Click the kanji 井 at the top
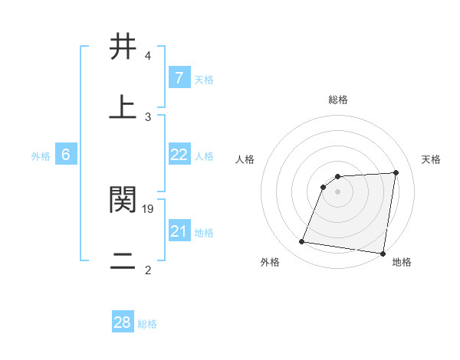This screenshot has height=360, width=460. click(x=123, y=47)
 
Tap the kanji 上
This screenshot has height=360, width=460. click(x=123, y=107)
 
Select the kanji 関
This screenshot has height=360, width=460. click(x=123, y=200)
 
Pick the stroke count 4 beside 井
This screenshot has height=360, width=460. click(x=148, y=56)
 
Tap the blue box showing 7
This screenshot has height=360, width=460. click(x=179, y=78)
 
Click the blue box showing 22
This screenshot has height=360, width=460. click(x=179, y=155)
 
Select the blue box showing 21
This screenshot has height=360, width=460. click(x=179, y=231)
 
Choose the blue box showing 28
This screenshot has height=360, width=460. click(x=123, y=322)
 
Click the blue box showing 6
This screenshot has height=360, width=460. click(x=66, y=155)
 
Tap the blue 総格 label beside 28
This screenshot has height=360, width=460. click(x=148, y=324)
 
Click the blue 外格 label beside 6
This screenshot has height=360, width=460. click(x=41, y=156)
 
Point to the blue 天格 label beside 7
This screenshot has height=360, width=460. click(x=204, y=80)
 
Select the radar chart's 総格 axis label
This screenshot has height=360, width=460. click(x=338, y=100)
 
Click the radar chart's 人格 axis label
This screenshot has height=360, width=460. click(x=245, y=159)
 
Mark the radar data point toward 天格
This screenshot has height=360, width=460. click(x=396, y=172)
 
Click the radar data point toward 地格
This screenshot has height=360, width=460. click(x=383, y=254)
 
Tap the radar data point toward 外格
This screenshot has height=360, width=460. click(x=302, y=242)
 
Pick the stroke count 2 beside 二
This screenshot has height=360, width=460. click(x=148, y=270)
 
